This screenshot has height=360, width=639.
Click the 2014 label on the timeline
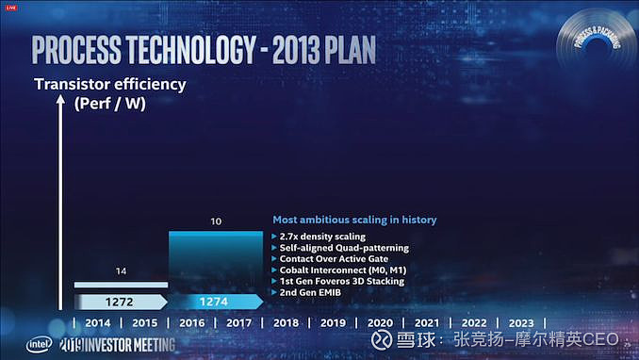pos(97,322)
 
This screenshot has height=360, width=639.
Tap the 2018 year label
pos(286,322)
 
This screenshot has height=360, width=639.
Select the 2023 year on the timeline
pos(521,322)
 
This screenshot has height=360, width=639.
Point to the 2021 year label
pos(427,322)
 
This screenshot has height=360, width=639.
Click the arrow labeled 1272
pos(121,302)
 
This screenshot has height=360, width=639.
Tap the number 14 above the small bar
pos(122,271)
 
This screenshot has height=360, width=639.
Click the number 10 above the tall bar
pos(216,221)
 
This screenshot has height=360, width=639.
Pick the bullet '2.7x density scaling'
pos(322,236)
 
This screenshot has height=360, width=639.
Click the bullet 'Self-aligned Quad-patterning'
pos(340,247)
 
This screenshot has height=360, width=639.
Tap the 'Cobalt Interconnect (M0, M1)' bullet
pos(339,270)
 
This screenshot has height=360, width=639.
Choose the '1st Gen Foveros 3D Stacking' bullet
pos(340,281)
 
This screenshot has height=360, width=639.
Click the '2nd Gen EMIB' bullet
pos(308,292)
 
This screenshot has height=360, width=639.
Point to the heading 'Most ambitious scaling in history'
pos(353,220)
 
